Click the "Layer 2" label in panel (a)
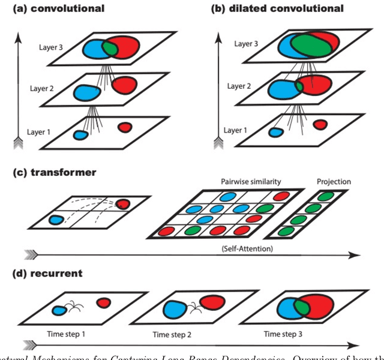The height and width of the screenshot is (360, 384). click(43, 89)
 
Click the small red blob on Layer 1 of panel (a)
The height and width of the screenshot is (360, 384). click(125, 127)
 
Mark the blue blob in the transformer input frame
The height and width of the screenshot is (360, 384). click(56, 220)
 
